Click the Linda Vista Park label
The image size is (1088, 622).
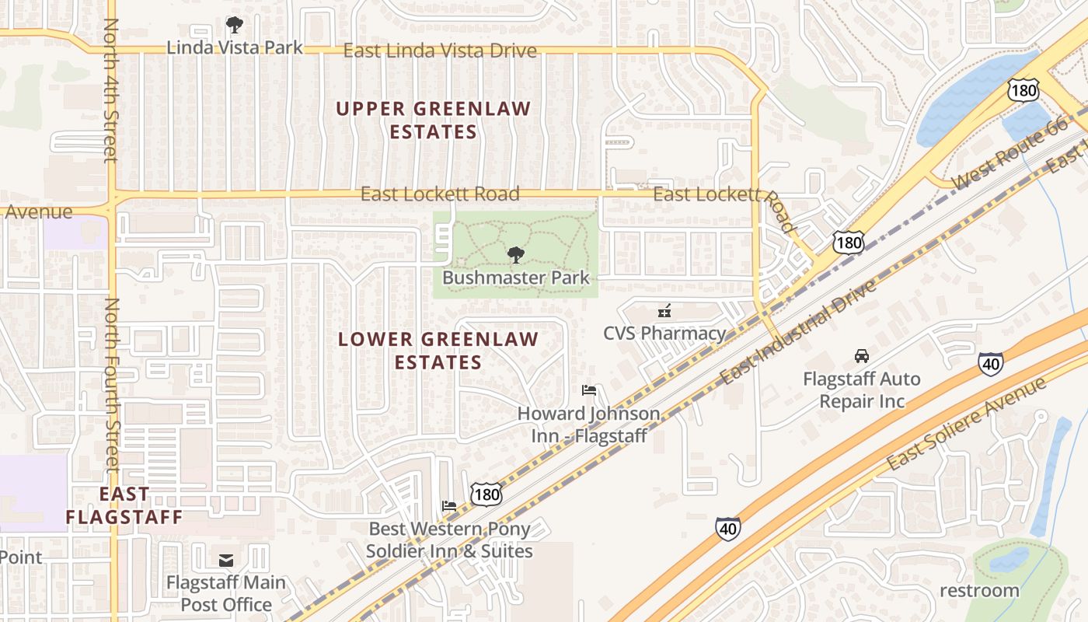pos(235,47)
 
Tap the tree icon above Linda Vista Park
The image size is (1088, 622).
pos(234,25)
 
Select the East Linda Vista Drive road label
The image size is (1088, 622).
pos(440,51)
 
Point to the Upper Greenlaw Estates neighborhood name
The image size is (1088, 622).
pos(433,121)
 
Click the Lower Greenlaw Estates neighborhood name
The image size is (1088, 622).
pos(438,351)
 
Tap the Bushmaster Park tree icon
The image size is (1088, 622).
pos(515,254)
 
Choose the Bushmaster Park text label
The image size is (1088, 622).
pos(516,278)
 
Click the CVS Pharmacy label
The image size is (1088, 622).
pos(664,334)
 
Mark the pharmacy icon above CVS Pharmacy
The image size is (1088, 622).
pos(664,312)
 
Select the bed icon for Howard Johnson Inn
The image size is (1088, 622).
pos(589,390)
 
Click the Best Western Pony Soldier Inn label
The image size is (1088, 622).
pos(449,540)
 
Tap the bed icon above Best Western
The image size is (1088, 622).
pos(449,505)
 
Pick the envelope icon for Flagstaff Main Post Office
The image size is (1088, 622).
pos(226,560)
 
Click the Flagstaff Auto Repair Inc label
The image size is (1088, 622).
pos(861,390)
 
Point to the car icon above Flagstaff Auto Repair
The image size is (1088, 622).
pos(861,356)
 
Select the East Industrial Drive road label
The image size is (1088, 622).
pos(798,332)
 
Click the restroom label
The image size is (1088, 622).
pos(979,590)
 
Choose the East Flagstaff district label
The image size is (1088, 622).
pos(124,505)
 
